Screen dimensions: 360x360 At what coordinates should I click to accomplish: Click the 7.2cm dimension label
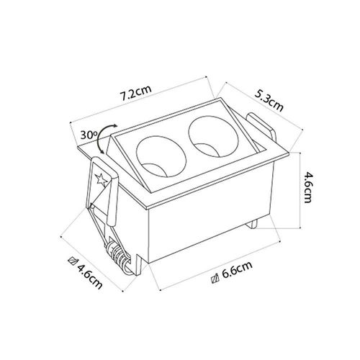tap(136, 93)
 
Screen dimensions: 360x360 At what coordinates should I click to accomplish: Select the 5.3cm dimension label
tap(269, 101)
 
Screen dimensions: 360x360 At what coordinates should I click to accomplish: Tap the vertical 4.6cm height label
tap(307, 187)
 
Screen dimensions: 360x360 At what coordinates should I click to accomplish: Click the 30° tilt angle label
tap(88, 135)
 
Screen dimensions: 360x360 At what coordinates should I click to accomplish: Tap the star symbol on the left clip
tap(102, 180)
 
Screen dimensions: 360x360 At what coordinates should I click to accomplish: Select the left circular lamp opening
tap(161, 157)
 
